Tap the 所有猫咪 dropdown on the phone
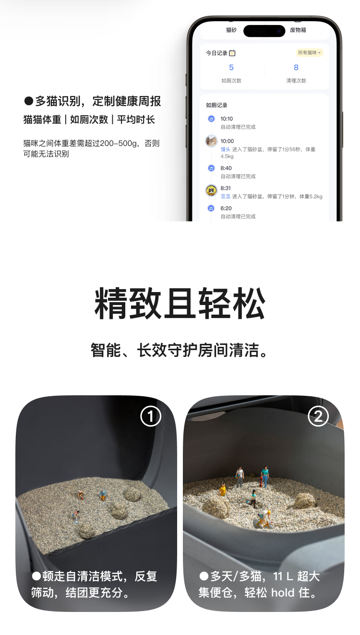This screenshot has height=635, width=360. pyautogui.click(x=309, y=53)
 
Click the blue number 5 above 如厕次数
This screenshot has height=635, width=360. pyautogui.click(x=231, y=67)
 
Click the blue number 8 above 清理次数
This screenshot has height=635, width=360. pyautogui.click(x=296, y=67)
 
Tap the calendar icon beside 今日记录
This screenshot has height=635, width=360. pyautogui.click(x=232, y=53)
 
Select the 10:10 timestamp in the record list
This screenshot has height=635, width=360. pyautogui.click(x=227, y=119)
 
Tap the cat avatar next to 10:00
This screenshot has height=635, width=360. pyautogui.click(x=211, y=141)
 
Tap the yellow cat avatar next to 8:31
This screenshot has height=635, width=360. pyautogui.click(x=211, y=190)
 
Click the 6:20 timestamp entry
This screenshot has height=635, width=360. pyautogui.click(x=226, y=208)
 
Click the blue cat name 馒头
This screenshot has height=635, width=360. pyautogui.click(x=226, y=149)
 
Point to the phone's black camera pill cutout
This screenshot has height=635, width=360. pyautogui.click(x=264, y=31)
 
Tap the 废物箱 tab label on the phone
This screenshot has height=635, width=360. pyautogui.click(x=298, y=30)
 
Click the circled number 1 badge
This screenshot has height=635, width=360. pyautogui.click(x=151, y=416)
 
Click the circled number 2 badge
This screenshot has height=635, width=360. pyautogui.click(x=318, y=416)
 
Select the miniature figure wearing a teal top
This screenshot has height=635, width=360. pyautogui.click(x=265, y=476)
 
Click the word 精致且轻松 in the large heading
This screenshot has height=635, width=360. pyautogui.click(x=180, y=303)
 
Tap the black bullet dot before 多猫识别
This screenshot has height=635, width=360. pyautogui.click(x=29, y=101)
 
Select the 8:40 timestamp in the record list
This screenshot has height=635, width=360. pyautogui.click(x=226, y=168)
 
